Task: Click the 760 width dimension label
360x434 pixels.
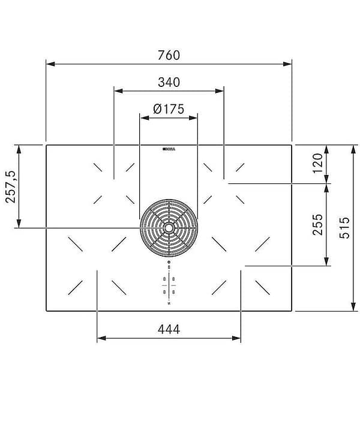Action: click(x=169, y=55)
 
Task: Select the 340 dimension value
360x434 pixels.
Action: click(x=169, y=82)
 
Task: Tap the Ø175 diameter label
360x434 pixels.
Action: click(x=168, y=109)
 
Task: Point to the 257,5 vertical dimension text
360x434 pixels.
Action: click(x=10, y=186)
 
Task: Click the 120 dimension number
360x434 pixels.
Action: click(x=317, y=162)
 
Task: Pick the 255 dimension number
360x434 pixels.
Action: click(x=317, y=224)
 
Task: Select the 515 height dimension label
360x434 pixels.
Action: click(x=344, y=228)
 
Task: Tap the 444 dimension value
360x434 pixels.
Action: click(x=169, y=328)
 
